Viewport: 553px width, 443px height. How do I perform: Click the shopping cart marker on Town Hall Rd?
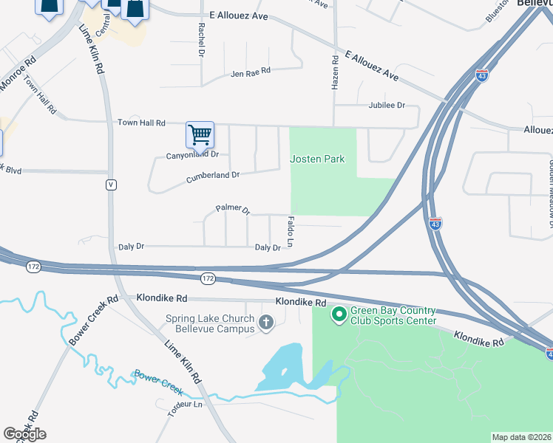[200, 135]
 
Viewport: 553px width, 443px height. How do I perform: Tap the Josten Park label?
[317, 159]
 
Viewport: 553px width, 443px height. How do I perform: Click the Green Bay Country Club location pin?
[339, 315]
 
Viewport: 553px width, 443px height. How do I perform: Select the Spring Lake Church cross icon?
[266, 322]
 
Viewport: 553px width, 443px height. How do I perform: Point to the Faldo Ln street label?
[291, 231]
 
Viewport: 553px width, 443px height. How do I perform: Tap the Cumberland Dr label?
[213, 176]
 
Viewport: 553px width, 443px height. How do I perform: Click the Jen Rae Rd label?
[251, 72]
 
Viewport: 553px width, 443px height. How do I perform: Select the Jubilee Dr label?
[387, 106]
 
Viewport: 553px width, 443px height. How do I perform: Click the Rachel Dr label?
[200, 39]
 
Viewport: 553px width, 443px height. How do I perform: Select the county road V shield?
[111, 185]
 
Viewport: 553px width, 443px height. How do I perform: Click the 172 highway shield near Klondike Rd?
[208, 278]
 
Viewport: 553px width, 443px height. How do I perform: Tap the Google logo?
[24, 434]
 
